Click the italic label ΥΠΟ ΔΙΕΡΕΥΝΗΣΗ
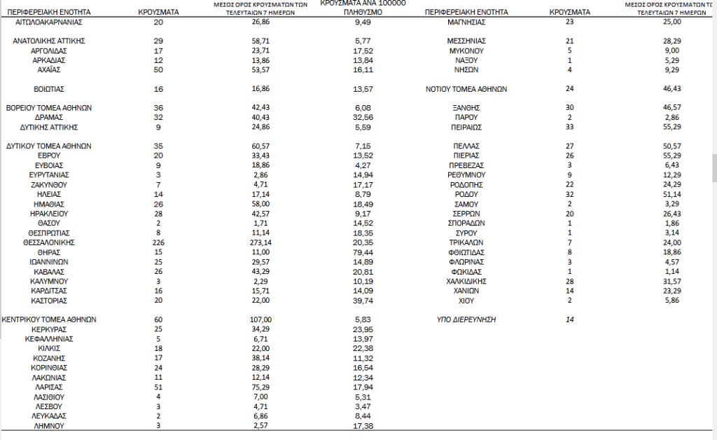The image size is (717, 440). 466,319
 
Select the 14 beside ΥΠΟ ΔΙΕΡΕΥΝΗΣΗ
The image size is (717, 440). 569,319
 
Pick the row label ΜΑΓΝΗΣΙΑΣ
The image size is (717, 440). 466,22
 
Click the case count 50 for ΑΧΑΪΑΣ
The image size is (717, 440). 158,70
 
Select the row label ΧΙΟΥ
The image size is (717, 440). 466,300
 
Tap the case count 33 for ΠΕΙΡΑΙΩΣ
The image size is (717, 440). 569,128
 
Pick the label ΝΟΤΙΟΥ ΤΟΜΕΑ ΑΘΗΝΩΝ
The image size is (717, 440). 466,89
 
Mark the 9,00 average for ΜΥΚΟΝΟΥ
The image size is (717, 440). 672,51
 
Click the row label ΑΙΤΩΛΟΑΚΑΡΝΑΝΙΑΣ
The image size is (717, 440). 49,22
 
